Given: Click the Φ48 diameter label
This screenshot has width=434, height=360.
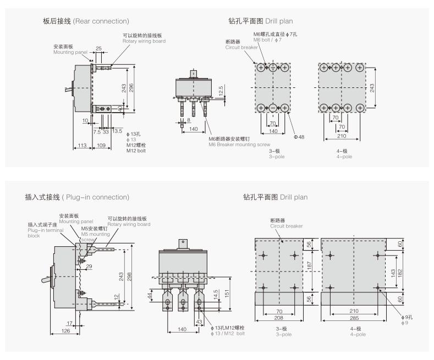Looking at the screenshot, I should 299,137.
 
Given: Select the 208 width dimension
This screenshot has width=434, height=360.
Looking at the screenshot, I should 279,318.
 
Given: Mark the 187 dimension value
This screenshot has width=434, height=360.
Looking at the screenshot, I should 309,265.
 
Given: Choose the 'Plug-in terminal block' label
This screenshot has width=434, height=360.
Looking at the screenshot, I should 41,230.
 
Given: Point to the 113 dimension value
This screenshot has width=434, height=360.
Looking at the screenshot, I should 82,145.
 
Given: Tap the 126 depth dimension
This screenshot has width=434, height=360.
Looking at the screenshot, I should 65,331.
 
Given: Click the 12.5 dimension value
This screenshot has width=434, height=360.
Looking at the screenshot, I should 221,89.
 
